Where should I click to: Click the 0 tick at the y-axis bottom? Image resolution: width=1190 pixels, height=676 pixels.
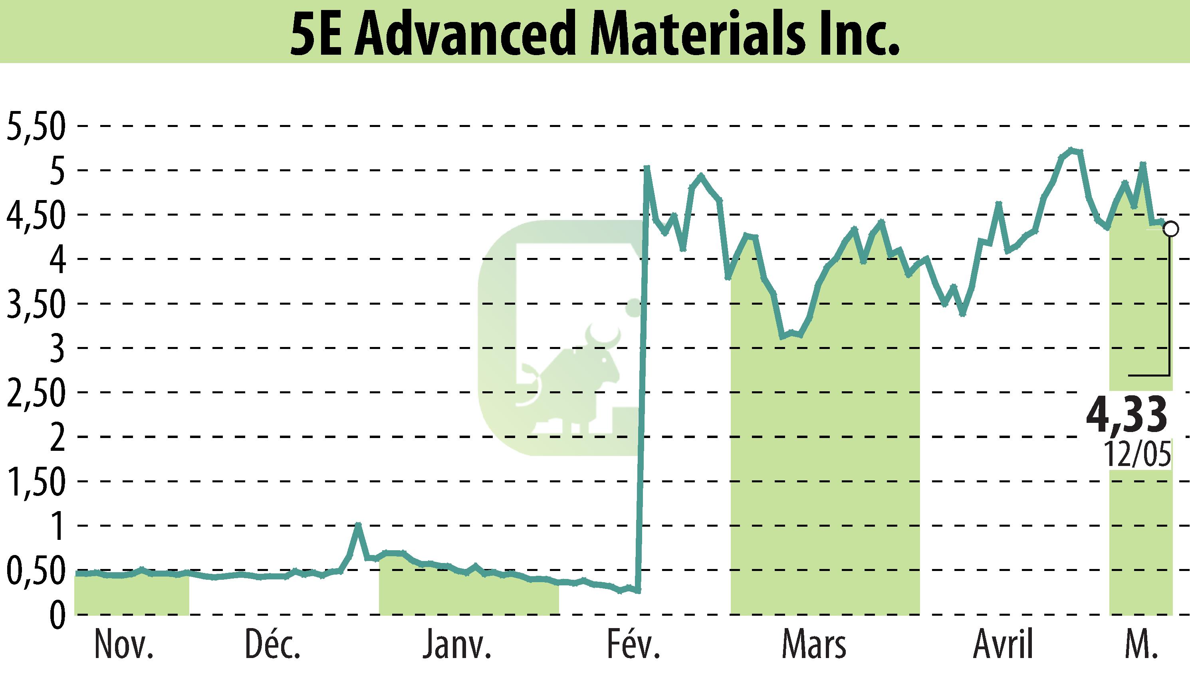click(57, 617)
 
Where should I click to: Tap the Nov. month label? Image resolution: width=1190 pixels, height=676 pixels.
click(123, 645)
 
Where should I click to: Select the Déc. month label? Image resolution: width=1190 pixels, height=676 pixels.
click(273, 645)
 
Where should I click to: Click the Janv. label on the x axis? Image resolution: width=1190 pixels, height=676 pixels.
click(457, 645)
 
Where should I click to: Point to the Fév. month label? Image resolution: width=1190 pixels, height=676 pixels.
click(634, 645)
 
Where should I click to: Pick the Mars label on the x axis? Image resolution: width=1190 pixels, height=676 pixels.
click(814, 645)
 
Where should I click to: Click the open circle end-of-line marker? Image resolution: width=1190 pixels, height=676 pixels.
click(1171, 229)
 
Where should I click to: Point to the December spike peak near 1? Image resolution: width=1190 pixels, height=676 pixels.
click(358, 525)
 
